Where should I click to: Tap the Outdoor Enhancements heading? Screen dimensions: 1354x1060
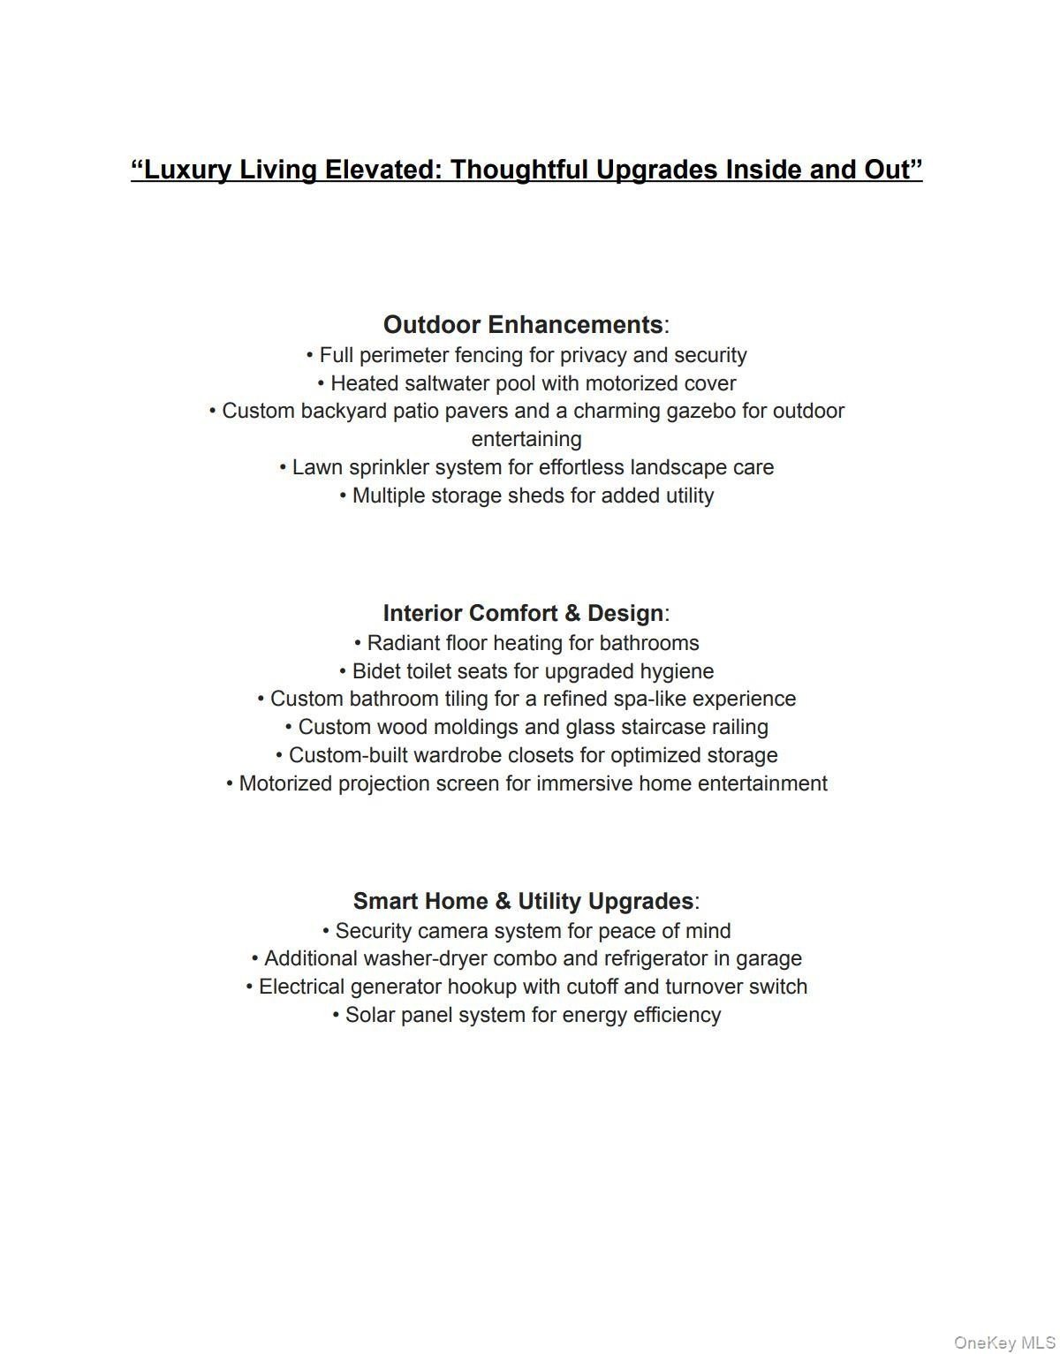[x=523, y=324]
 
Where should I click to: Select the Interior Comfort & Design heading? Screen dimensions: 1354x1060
[x=523, y=613]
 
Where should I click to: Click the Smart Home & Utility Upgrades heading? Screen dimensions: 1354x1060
[x=523, y=901]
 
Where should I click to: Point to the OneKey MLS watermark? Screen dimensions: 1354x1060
[x=1003, y=1343]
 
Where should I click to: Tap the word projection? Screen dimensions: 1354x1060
[x=385, y=783]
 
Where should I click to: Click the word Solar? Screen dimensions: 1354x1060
[x=370, y=1015]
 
